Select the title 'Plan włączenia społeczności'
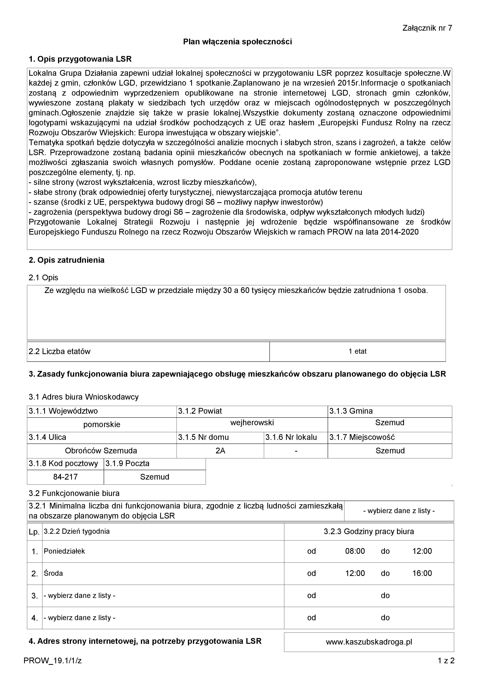coord(237,42)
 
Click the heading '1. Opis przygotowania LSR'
coord(80,59)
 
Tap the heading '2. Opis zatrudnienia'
coord(66,260)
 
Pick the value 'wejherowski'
coord(252,423)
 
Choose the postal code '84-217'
coord(65,477)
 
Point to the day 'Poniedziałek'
coord(64,551)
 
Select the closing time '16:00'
coord(422,573)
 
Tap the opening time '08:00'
coord(355,551)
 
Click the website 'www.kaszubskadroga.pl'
coord(369,642)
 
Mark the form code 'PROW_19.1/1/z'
coord(53,661)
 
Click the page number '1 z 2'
coord(446,661)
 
